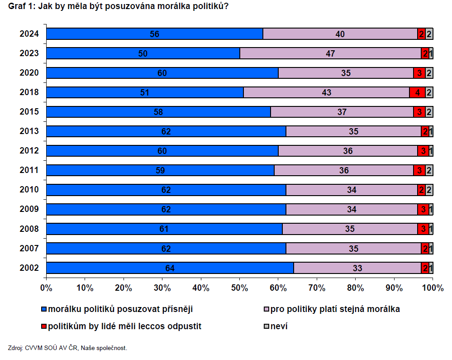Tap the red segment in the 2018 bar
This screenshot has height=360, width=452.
pyautogui.click(x=417, y=92)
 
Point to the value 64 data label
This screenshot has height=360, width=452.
pyautogui.click(x=170, y=268)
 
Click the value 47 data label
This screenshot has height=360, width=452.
pyautogui.click(x=330, y=53)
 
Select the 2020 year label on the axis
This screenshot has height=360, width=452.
pyautogui.click(x=29, y=73)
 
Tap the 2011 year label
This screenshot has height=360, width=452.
pyautogui.click(x=29, y=170)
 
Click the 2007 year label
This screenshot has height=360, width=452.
pyautogui.click(x=29, y=248)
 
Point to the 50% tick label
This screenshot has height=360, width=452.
pyautogui.click(x=239, y=287)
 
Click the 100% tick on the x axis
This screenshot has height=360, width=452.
pyautogui.click(x=433, y=287)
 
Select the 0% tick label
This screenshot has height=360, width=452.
pyautogui.click(x=46, y=287)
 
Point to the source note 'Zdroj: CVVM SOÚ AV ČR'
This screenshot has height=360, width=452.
pyautogui.click(x=68, y=348)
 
